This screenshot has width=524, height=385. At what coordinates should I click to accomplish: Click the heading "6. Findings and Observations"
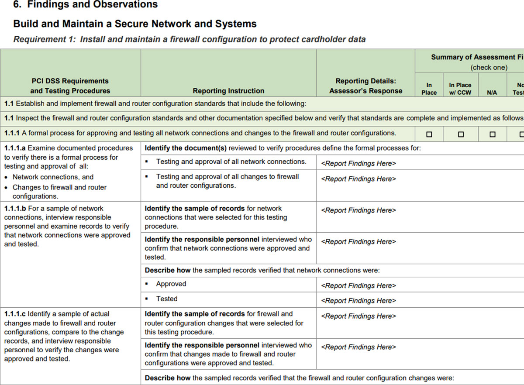pos(85,5)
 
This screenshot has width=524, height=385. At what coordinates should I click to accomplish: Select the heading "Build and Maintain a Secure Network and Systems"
pos(135,24)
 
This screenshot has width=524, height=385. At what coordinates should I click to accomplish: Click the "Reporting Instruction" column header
pos(228,91)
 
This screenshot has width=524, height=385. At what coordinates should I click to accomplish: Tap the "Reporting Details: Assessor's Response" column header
pos(365,86)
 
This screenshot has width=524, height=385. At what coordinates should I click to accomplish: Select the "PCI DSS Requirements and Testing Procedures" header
pos(70,86)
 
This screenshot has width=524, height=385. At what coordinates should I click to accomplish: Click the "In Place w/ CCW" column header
pos(460,89)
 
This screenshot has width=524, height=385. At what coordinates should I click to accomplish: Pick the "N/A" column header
pos(492,93)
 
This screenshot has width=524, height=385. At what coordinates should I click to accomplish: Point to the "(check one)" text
pos(489,68)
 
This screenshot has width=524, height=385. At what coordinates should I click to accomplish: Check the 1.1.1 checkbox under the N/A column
pos(492,134)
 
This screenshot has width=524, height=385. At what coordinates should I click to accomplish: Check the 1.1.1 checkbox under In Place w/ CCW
pos(461,134)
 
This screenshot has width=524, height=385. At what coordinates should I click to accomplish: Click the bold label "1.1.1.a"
pos(15,148)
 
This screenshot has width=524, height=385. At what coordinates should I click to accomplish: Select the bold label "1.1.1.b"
pos(15,208)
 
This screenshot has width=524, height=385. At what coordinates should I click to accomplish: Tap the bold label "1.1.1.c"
pos(15,314)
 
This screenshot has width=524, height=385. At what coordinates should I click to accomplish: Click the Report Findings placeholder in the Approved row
pos(359,285)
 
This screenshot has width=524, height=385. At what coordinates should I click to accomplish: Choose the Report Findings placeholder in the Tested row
pos(359,300)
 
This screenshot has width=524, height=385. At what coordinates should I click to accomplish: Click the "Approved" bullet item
pos(171,284)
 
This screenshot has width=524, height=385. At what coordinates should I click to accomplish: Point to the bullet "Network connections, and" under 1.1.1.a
pos(53,177)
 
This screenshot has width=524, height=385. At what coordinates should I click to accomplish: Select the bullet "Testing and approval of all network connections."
pos(231,162)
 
